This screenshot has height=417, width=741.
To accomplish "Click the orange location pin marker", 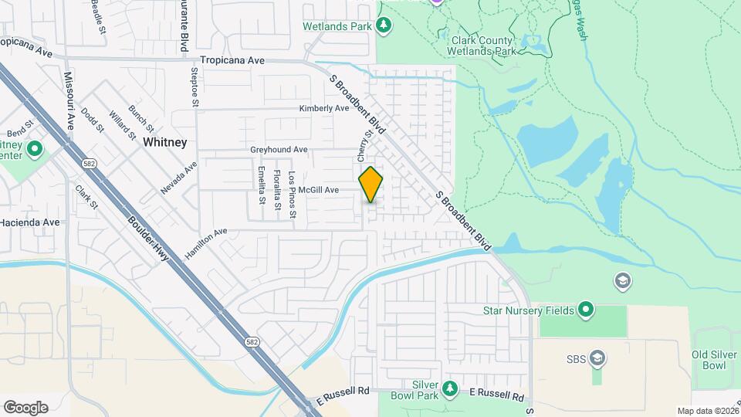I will (x=371, y=184).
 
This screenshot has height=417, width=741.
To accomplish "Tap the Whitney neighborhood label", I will (x=164, y=142).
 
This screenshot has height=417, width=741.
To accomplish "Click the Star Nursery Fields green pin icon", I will (x=586, y=310).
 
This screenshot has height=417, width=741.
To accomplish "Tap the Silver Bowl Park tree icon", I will (x=450, y=386).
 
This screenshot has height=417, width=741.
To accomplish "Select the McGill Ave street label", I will (x=320, y=190).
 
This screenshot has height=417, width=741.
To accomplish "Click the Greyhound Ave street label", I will (x=279, y=149).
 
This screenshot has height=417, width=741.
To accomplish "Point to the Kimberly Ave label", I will (x=324, y=109).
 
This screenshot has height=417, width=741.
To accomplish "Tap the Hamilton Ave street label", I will (x=205, y=232).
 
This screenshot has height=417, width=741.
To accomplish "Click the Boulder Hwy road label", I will (x=148, y=239).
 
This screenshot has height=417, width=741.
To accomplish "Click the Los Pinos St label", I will (x=292, y=194).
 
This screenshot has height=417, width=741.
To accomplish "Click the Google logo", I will (x=25, y=407).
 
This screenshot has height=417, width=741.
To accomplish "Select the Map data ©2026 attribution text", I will (x=707, y=411).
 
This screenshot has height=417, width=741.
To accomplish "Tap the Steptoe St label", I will (x=195, y=86).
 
